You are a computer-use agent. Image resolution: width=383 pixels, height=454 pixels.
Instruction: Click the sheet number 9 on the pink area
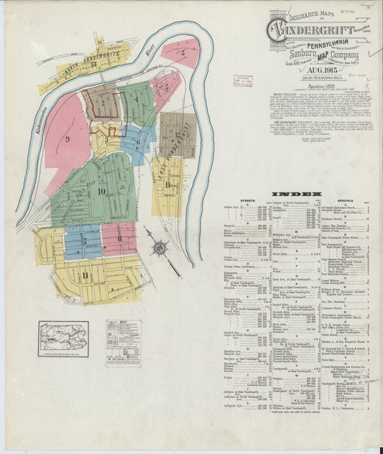pos(67,139)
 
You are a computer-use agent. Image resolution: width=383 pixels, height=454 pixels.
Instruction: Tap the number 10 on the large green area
pos(102,190)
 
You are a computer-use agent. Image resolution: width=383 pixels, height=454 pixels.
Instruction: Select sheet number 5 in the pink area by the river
pos(183,52)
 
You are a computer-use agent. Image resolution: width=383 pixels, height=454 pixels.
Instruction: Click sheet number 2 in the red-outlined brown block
pos(103,102)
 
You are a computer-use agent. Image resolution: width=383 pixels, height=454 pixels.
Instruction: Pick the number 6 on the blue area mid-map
pos(137,142)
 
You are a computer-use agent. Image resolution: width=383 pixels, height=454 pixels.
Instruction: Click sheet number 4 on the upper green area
pos(137,98)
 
